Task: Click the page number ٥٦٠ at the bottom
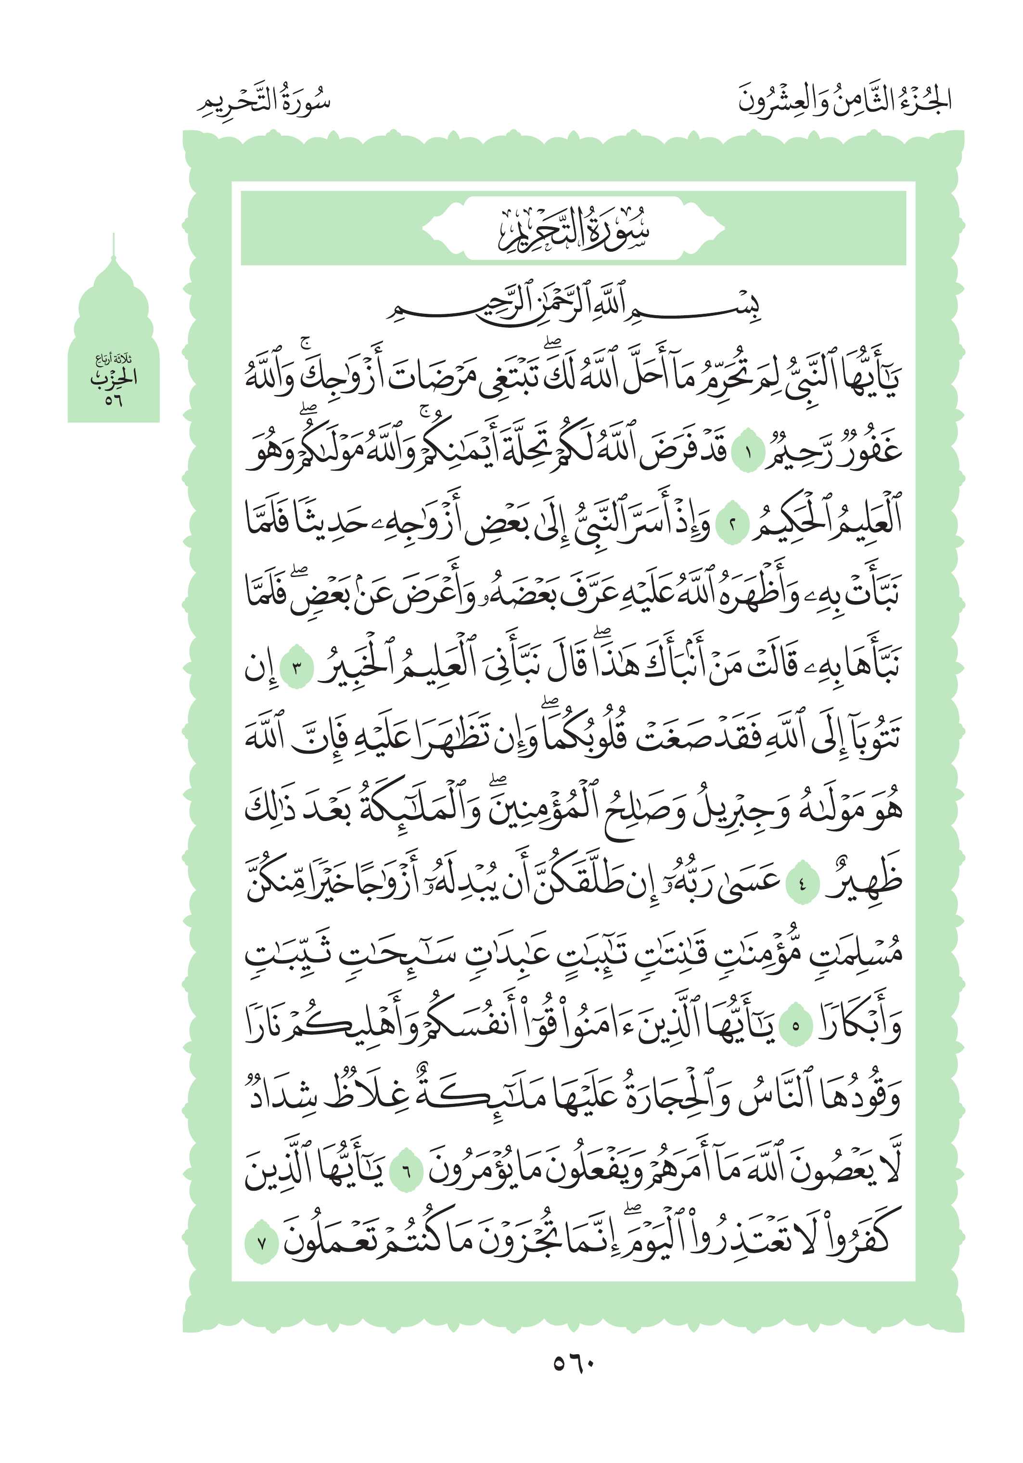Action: pyautogui.click(x=573, y=1363)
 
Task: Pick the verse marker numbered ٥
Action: pyautogui.click(x=795, y=1027)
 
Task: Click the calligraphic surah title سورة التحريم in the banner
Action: pyautogui.click(x=573, y=228)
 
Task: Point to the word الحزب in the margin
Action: pyautogui.click(x=114, y=378)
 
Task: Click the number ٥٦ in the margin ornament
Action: pyautogui.click(x=114, y=400)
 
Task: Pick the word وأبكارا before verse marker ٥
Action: pyautogui.click(x=860, y=1025)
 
